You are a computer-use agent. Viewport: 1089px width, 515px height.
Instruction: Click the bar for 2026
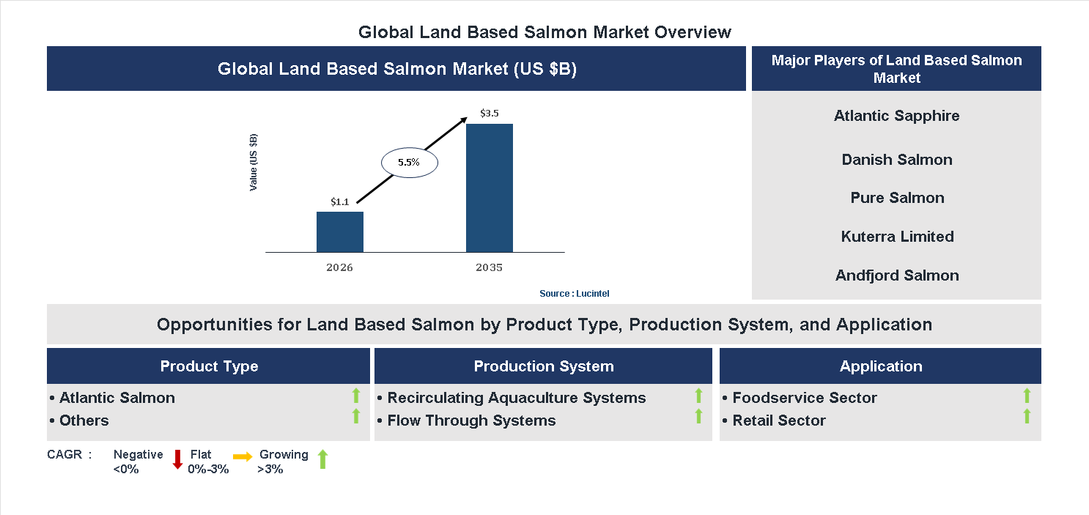[339, 231]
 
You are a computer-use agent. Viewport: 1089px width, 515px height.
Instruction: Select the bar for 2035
[489, 188]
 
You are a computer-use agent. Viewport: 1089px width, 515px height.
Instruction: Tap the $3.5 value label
[489, 114]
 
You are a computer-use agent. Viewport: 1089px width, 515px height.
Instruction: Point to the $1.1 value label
[339, 201]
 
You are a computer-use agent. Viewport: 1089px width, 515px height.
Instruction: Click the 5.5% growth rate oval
[409, 163]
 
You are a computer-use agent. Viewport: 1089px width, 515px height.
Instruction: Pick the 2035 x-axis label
[489, 267]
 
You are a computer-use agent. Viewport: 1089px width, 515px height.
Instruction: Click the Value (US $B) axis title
[254, 162]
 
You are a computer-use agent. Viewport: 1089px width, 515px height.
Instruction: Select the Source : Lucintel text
[574, 293]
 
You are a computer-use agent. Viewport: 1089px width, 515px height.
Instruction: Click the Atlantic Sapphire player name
[896, 116]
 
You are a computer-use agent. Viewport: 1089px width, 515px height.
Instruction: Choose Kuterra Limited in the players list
[897, 237]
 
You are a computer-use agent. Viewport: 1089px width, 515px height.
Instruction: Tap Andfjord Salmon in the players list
[897, 275]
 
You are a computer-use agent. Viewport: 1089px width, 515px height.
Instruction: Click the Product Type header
[209, 366]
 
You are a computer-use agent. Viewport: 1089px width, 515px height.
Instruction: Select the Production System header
[543, 366]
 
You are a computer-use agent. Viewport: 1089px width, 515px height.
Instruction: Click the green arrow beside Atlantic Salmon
[356, 396]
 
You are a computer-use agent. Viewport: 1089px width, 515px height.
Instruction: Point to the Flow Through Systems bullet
[470, 420]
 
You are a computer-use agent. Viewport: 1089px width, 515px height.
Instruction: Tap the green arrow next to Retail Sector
[1027, 417]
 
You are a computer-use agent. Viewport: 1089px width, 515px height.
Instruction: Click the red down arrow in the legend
[177, 460]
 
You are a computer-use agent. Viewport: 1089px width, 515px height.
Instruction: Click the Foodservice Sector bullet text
[804, 398]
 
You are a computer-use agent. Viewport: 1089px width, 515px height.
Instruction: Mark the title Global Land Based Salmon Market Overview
[544, 32]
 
